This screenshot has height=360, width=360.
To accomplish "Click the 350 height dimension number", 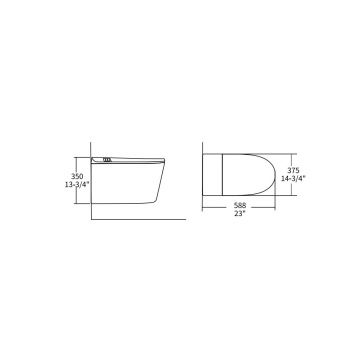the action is coord(77,177).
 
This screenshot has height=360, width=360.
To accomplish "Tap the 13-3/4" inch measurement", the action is coord(77,185).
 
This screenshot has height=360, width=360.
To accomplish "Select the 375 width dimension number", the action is coord(288,171).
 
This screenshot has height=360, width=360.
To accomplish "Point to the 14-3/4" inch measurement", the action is coord(293,178).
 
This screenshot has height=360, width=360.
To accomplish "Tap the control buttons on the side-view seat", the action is coord(106,160).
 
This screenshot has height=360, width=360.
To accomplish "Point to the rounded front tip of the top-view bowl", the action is coord(275,175).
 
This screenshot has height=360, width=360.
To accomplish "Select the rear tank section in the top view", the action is coord(212,175).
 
